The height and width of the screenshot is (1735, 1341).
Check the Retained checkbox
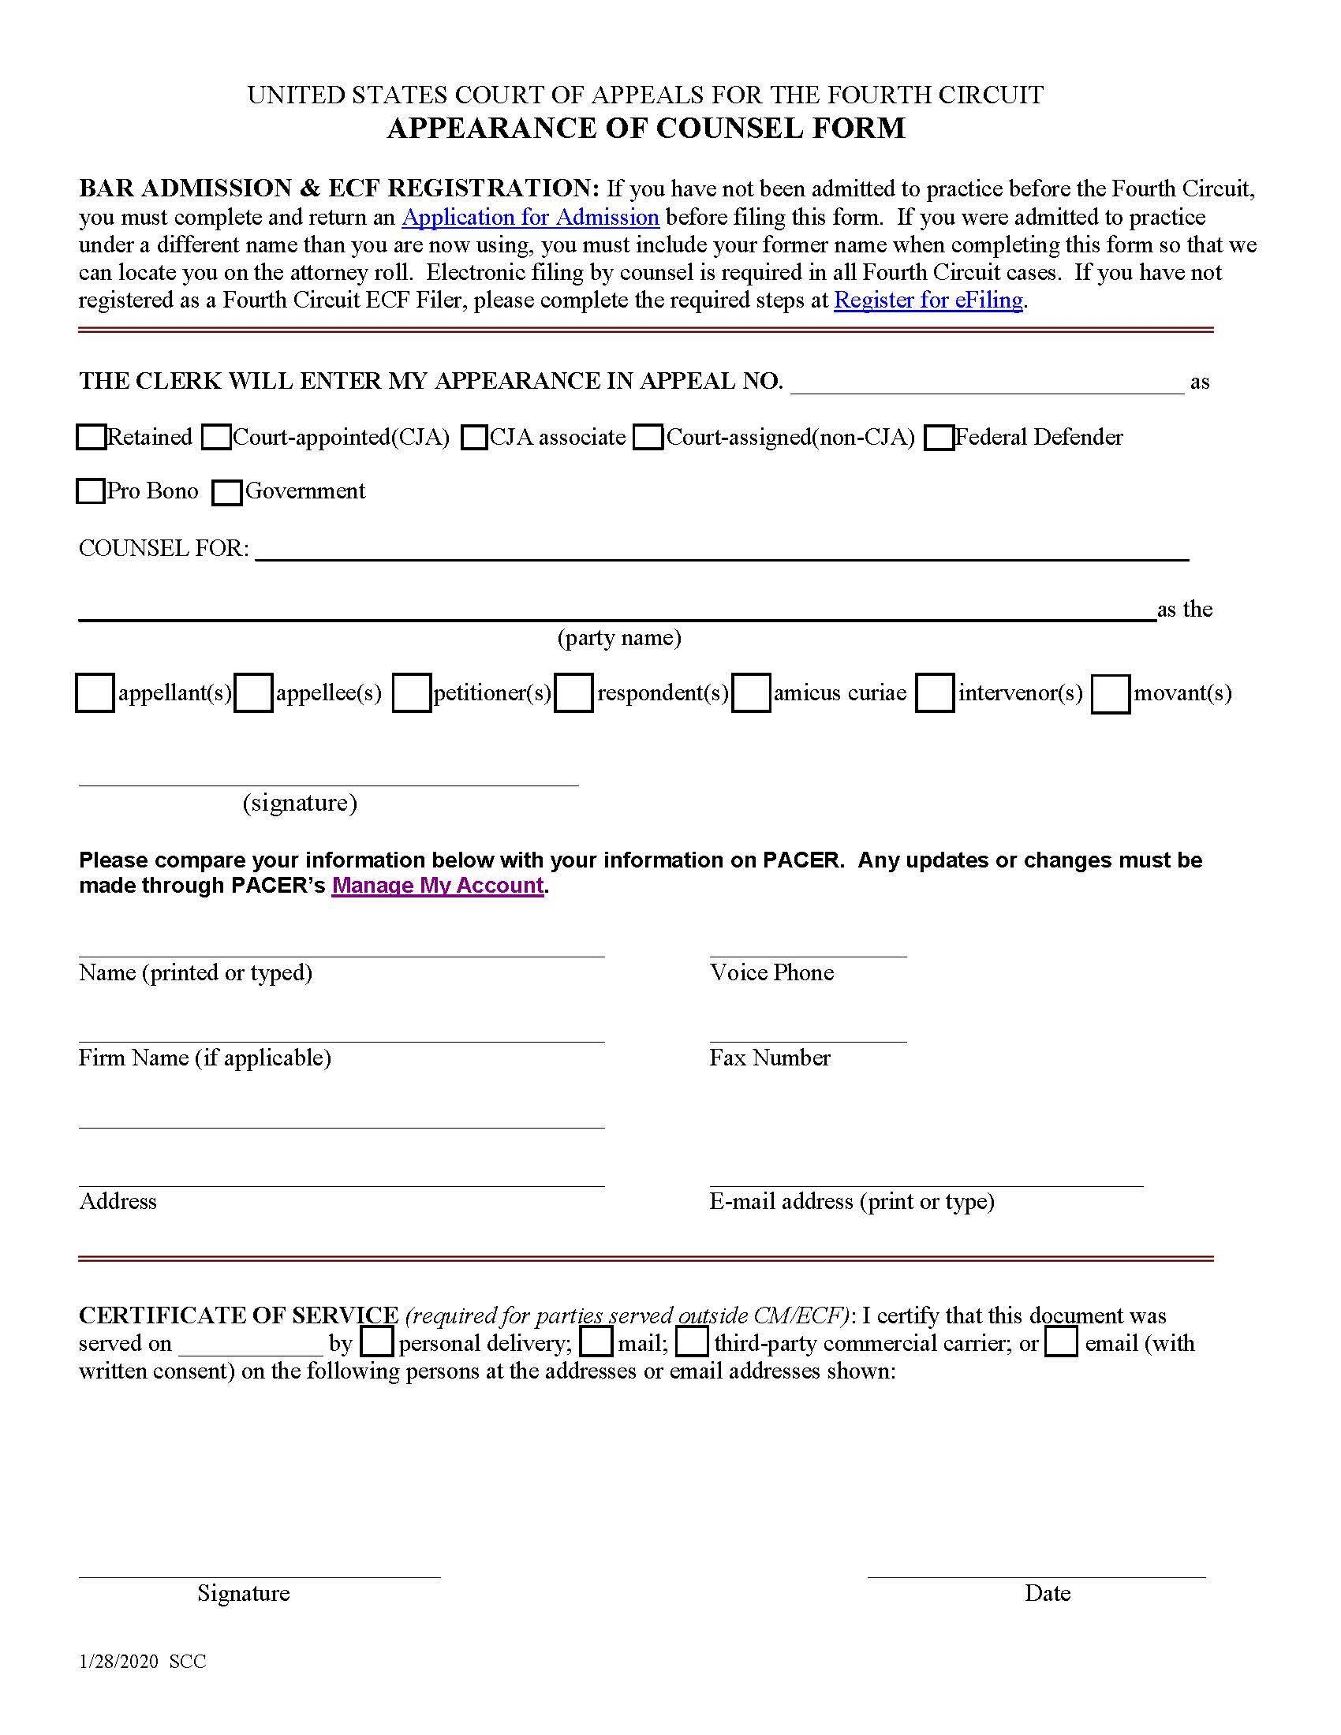click(92, 437)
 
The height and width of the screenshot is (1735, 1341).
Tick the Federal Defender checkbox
click(939, 438)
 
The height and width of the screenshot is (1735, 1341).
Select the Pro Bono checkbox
click(91, 491)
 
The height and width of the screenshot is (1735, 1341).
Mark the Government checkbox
click(227, 493)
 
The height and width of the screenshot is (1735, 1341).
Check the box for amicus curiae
click(751, 692)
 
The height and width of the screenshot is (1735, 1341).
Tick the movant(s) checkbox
click(1110, 694)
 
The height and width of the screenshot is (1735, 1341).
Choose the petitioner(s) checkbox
click(412, 692)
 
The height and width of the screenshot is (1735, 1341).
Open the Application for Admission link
click(530, 217)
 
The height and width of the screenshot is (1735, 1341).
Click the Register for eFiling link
click(928, 300)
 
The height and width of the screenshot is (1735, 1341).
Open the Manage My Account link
click(437, 885)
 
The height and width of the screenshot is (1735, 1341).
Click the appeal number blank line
click(987, 383)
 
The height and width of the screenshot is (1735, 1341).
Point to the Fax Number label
click(769, 1058)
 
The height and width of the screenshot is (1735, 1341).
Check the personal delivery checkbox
click(376, 1341)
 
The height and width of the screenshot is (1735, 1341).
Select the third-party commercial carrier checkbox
click(692, 1341)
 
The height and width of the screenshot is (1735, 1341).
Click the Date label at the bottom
click(1046, 1593)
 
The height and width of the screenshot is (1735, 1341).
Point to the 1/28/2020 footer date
click(118, 1661)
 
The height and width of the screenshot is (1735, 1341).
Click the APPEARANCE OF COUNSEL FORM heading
click(645, 128)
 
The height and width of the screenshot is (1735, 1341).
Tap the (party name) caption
click(619, 637)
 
